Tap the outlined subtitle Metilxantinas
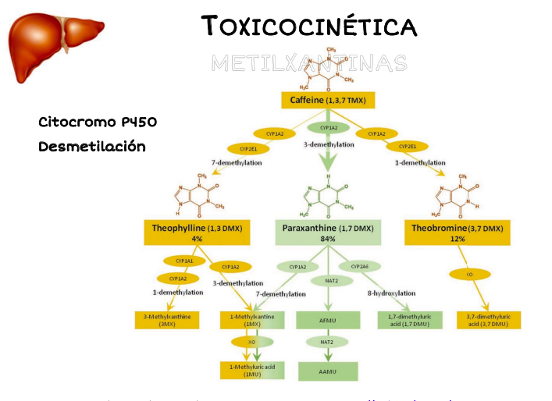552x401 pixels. tap(308, 62)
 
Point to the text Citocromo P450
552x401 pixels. tap(98, 122)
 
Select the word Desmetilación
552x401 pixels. tap(92, 146)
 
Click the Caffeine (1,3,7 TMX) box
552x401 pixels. tap(329, 101)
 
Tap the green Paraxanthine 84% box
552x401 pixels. tap(329, 231)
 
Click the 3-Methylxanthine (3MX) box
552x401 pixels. tap(168, 319)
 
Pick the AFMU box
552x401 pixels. tap(328, 319)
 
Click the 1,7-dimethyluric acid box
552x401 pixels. tap(410, 319)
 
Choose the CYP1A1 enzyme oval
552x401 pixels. tap(180, 261)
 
